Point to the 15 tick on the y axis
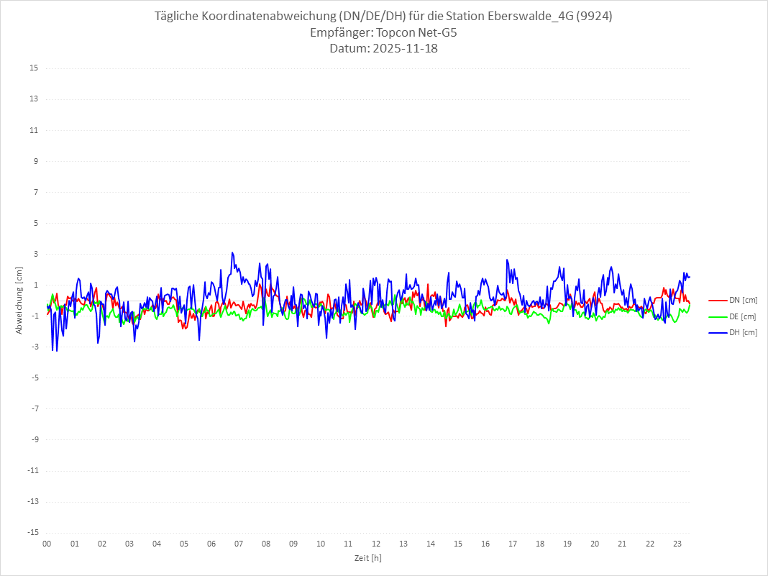[x=35, y=68]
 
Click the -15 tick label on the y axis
[x=33, y=532]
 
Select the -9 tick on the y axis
[x=35, y=439]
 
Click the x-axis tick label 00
[x=47, y=544]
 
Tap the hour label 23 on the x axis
[x=677, y=544]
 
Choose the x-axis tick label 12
[x=375, y=544]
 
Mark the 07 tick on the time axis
[x=239, y=544]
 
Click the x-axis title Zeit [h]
[x=367, y=558]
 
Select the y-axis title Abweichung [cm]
[x=19, y=300]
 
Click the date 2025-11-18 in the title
[x=402, y=49]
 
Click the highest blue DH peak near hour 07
[x=232, y=252]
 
